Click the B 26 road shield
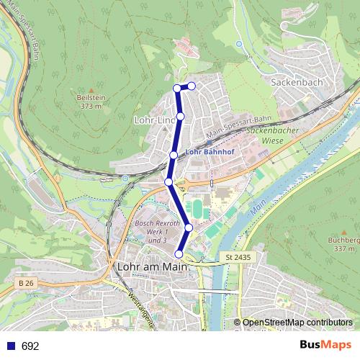26,284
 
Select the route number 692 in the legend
30,346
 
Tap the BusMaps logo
325,345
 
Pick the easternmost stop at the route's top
192,86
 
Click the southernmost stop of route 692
179,253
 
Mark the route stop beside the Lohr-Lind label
181,116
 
